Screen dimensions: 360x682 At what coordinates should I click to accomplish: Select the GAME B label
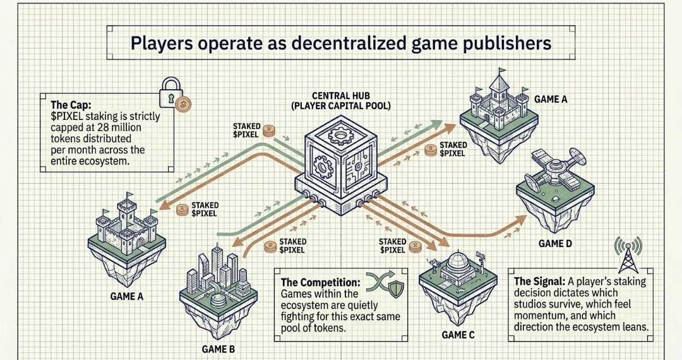pyautogui.click(x=220, y=347)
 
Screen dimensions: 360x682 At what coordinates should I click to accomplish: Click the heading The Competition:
pyautogui.click(x=320, y=282)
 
